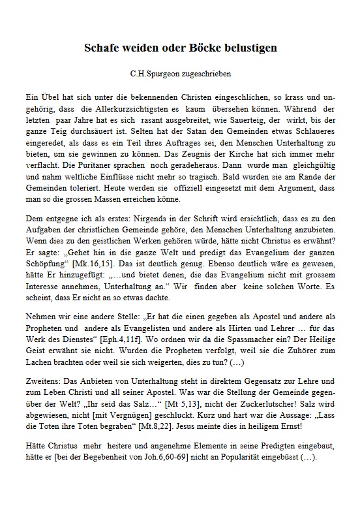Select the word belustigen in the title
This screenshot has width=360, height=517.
[x=251, y=48]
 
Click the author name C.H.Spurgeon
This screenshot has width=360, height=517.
[x=155, y=74]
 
